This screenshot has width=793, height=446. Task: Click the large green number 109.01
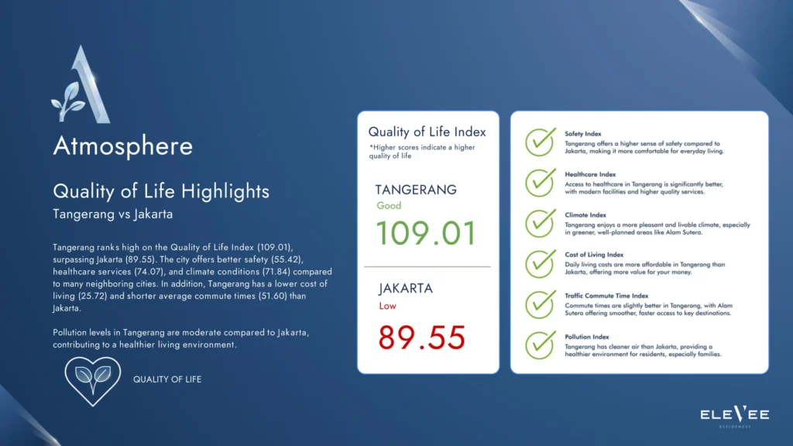(427, 233)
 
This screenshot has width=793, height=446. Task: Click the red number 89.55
(422, 338)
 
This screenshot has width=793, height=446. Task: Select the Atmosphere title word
(123, 146)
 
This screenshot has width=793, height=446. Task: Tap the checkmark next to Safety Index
(540, 142)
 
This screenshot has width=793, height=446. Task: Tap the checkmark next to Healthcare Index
(540, 182)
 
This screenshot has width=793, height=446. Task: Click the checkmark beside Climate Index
(540, 223)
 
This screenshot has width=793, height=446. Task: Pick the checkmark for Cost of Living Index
(540, 263)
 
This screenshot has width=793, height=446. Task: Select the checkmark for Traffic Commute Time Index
(540, 304)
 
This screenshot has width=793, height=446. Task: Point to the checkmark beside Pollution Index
(540, 345)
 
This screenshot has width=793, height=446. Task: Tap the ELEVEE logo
(734, 416)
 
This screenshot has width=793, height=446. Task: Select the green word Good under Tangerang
(389, 206)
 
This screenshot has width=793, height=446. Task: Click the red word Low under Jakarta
(388, 306)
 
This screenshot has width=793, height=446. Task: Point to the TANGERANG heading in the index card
(416, 190)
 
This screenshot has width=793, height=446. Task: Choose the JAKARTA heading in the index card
(406, 288)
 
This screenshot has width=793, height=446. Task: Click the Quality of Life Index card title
(427, 132)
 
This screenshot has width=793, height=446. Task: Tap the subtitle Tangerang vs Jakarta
(113, 214)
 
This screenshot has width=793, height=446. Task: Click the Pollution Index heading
(587, 337)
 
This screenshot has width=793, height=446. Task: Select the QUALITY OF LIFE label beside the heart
(167, 379)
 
